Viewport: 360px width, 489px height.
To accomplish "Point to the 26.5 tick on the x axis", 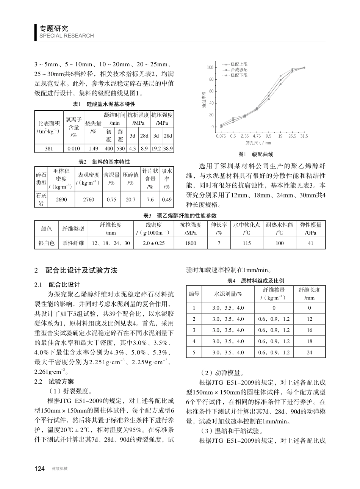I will click(292, 136).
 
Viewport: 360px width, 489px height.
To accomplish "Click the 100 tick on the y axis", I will click(209, 67).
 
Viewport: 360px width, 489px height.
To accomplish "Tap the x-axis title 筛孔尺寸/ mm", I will click(258, 143).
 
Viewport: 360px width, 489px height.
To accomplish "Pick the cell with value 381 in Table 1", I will click(49, 149).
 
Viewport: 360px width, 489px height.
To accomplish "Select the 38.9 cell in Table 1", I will click(168, 149).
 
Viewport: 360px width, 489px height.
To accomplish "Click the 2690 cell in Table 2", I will click(61, 199).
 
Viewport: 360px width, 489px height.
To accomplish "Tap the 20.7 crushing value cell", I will click(130, 199).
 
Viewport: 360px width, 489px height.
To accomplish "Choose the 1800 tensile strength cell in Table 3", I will click(191, 243).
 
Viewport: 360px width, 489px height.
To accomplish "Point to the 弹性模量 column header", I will click(310, 225).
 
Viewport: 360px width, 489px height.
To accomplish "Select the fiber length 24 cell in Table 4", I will click(309, 352).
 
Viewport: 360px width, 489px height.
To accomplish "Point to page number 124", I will click(40, 469).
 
